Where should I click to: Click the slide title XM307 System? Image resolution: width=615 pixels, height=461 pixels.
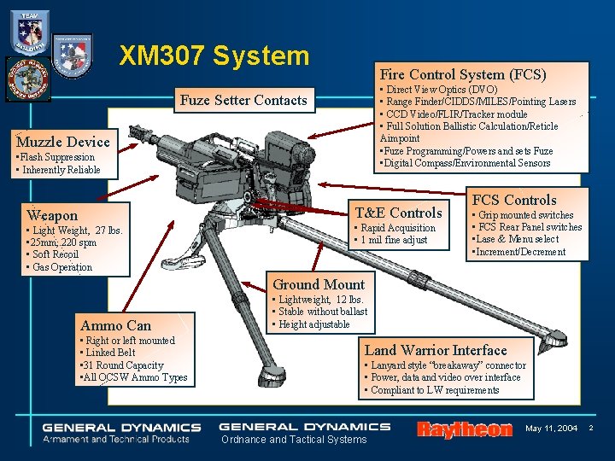(x=214, y=56)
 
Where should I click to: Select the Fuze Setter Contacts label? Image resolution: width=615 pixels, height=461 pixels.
(x=243, y=101)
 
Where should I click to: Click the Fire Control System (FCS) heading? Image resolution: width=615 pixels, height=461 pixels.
(x=463, y=74)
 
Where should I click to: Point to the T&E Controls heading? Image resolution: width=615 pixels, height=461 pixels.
(x=398, y=213)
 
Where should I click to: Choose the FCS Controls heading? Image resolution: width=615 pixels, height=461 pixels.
(x=514, y=200)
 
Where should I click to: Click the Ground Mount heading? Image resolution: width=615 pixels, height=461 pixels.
(x=319, y=284)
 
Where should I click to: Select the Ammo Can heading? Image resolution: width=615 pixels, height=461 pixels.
(x=115, y=325)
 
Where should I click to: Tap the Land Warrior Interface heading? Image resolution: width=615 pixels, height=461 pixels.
(x=436, y=350)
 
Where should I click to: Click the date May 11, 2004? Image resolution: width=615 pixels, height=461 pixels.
(x=551, y=427)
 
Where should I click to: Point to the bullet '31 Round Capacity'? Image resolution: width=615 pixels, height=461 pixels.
(x=122, y=365)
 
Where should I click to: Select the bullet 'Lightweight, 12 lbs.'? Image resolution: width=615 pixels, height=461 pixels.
(x=320, y=300)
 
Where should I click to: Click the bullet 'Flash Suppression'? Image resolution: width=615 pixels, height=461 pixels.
(x=56, y=157)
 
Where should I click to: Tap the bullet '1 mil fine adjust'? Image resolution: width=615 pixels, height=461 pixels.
(x=395, y=240)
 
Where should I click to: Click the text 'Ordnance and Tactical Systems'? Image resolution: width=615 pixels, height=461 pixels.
(x=294, y=440)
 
